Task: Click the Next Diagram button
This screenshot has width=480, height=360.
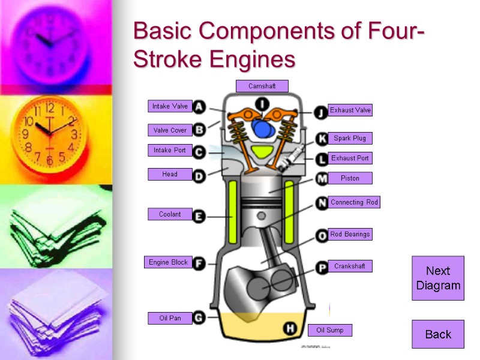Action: pyautogui.click(x=438, y=278)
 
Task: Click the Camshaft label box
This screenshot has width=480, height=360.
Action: pyautogui.click(x=262, y=86)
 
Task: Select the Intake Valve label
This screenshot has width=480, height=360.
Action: pyautogui.click(x=170, y=106)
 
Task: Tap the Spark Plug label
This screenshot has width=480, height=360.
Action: pyautogui.click(x=350, y=138)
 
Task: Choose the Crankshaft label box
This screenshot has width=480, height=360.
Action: pyautogui.click(x=350, y=266)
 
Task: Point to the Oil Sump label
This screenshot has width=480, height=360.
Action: pyautogui.click(x=329, y=330)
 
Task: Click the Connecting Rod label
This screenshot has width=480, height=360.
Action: pyautogui.click(x=354, y=202)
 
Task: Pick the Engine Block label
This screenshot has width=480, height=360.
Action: pyautogui.click(x=168, y=262)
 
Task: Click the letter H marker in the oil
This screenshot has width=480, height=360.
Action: pyautogui.click(x=290, y=328)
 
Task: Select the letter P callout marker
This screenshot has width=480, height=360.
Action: pyautogui.click(x=322, y=266)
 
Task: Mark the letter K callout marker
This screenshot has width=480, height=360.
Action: pyautogui.click(x=322, y=139)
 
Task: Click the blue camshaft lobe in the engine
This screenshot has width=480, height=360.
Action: pyautogui.click(x=262, y=128)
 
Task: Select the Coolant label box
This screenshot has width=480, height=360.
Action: pyautogui.click(x=170, y=214)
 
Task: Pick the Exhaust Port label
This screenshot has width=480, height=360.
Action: pyautogui.click(x=350, y=158)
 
